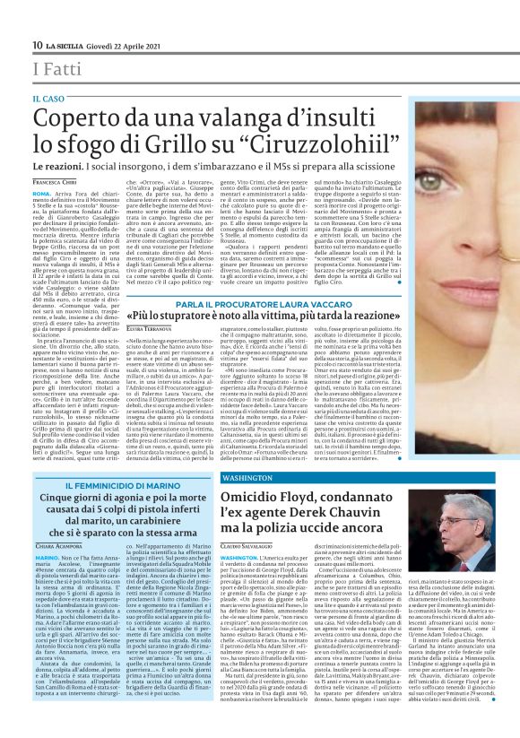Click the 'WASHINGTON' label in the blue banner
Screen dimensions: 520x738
[240, 479]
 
